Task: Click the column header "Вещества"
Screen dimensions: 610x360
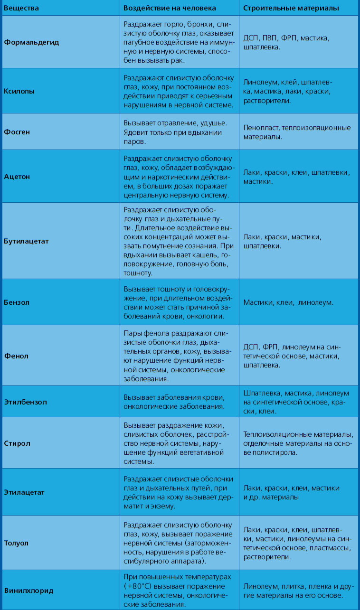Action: tap(22, 9)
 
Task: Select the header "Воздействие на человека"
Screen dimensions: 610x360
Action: tap(170, 9)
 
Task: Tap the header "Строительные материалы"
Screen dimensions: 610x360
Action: tap(291, 9)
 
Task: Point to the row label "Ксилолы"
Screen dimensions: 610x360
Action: tap(19, 91)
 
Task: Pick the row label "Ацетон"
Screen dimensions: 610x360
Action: tap(17, 177)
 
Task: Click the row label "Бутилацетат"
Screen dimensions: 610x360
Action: tap(27, 241)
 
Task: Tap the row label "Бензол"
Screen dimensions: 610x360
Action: tap(17, 302)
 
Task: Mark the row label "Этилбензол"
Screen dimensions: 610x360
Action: tap(26, 402)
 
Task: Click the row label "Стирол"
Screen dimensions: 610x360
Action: tap(17, 443)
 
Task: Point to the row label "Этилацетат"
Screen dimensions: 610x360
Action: tap(24, 492)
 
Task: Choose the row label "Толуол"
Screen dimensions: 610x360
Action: tap(17, 543)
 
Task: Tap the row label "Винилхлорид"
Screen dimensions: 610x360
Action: tap(28, 591)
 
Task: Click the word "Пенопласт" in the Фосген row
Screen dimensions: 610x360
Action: tap(260, 128)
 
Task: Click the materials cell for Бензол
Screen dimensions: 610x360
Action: tap(288, 302)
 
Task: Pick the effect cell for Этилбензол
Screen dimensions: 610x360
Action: tap(174, 402)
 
